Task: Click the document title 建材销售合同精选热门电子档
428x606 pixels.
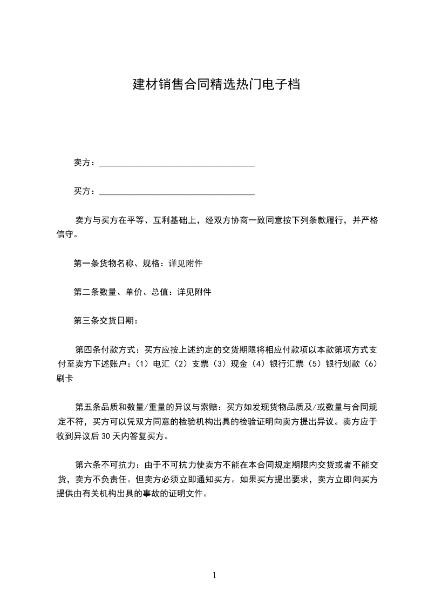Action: click(x=216, y=85)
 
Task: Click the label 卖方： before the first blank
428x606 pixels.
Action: click(x=85, y=163)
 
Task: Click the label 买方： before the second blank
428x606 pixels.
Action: click(x=85, y=191)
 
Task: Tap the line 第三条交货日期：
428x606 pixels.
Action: click(x=106, y=321)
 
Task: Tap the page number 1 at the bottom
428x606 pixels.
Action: click(x=214, y=575)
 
